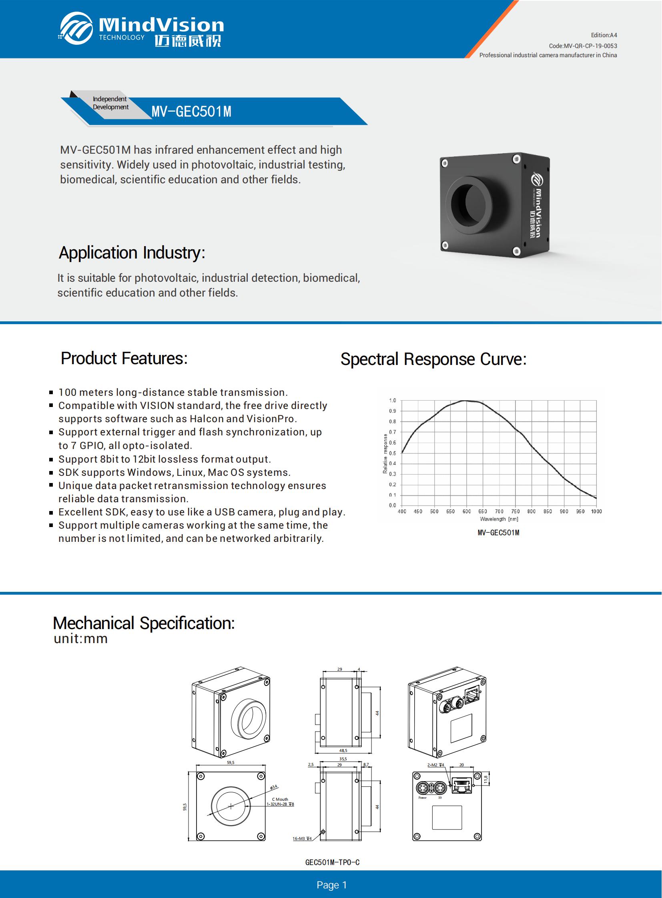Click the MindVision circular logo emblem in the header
[x=76, y=28]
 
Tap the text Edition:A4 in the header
[x=604, y=35]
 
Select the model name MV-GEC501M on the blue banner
[x=192, y=111]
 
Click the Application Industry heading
[x=132, y=253]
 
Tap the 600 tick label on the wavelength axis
[x=466, y=511]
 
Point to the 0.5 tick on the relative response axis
[x=392, y=453]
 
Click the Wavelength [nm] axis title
[x=499, y=519]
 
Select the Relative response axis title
[x=385, y=453]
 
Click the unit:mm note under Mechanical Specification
[x=80, y=639]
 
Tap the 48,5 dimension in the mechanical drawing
[x=343, y=751]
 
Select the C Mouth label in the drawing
[x=280, y=800]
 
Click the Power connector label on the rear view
[x=422, y=798]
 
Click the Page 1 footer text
[x=331, y=885]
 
